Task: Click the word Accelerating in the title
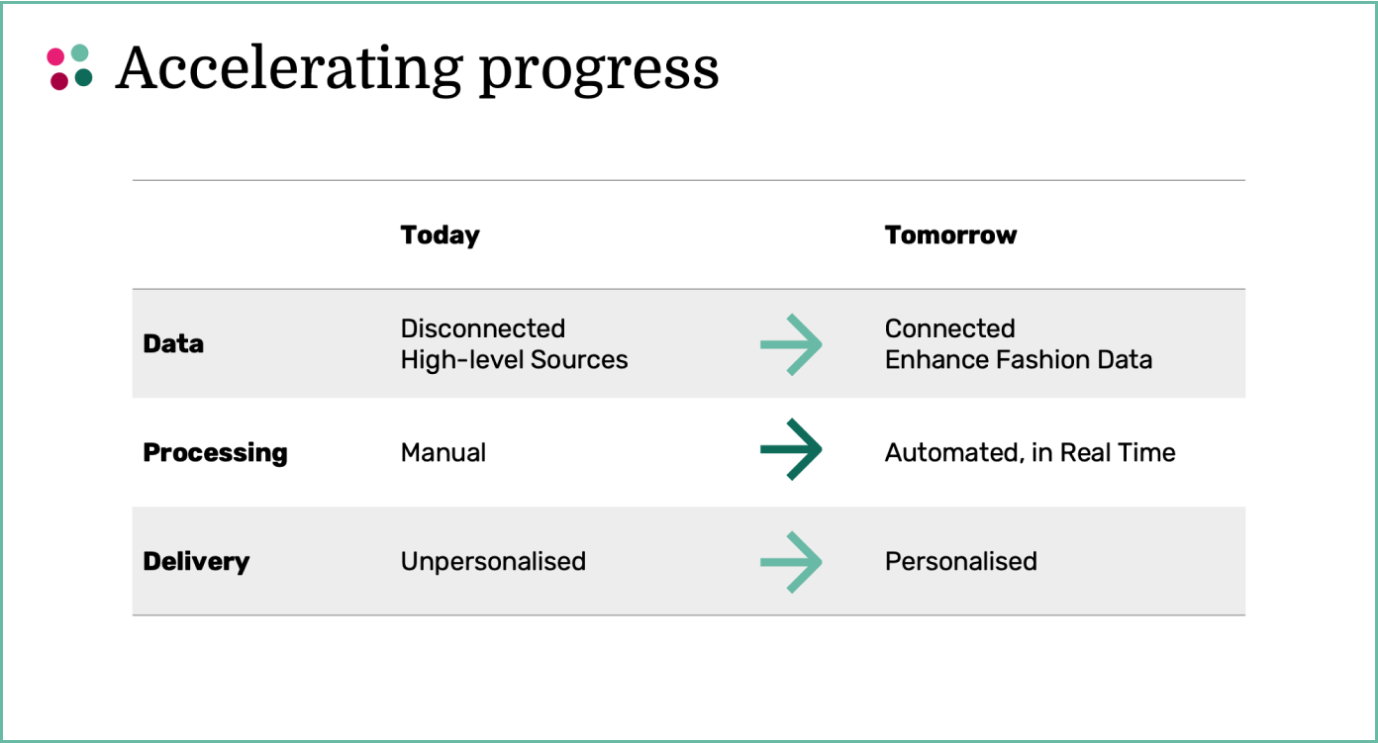pos(289,69)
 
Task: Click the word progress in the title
pos(599,72)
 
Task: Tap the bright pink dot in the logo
pos(56,56)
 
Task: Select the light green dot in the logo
pos(80,52)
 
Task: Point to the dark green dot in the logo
pos(84,77)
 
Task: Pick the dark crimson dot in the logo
pos(59,81)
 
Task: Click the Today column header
pos(440,236)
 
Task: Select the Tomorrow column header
pos(950,234)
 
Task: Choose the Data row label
pos(173,343)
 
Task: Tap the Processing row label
pos(216,453)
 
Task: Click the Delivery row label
pos(196,562)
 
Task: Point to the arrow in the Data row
pos(791,344)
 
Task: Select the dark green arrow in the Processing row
pos(791,449)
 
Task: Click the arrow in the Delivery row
pos(791,562)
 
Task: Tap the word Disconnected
pos(483,328)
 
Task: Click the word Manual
pos(443,452)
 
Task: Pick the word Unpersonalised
pos(493,562)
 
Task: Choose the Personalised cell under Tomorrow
pos(961,561)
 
